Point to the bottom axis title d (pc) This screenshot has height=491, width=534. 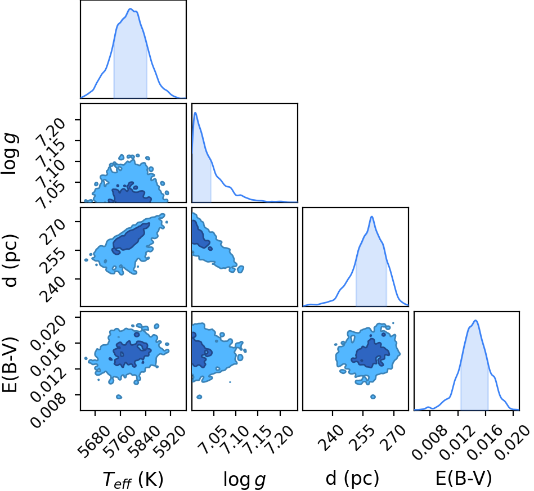coord(352,479)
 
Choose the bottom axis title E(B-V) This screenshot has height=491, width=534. coord(464,479)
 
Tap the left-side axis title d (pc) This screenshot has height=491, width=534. coord(10,260)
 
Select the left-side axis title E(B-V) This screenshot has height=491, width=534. coord(10,364)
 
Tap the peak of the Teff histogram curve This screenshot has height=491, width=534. coord(130,9)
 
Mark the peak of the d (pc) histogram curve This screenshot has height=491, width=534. coord(371,217)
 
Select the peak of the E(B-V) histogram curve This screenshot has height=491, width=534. coord(475,321)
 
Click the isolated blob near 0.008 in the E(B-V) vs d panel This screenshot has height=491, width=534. coord(373,397)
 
